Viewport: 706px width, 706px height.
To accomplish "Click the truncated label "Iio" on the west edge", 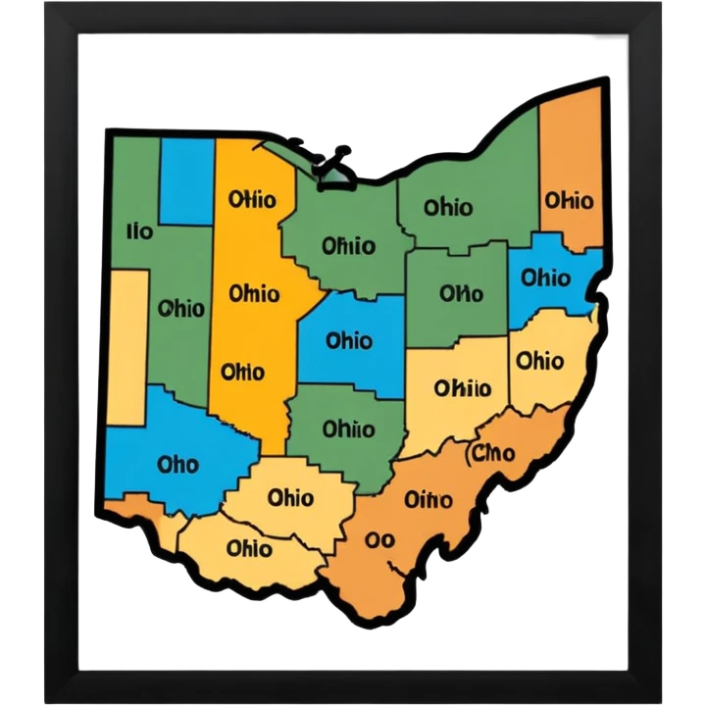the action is pyautogui.click(x=140, y=231).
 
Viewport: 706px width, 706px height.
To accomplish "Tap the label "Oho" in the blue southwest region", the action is pyautogui.click(x=177, y=463).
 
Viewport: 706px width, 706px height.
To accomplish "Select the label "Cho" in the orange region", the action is pyautogui.click(x=492, y=453).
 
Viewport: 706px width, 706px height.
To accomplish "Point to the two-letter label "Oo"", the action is pyautogui.click(x=378, y=539).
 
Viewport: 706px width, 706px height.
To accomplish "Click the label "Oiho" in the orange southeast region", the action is pyautogui.click(x=429, y=500).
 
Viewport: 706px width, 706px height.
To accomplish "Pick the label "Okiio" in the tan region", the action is pyautogui.click(x=462, y=388).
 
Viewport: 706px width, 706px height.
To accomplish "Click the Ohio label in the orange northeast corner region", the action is pyautogui.click(x=569, y=200).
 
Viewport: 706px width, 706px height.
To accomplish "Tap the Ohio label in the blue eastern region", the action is pyautogui.click(x=545, y=278).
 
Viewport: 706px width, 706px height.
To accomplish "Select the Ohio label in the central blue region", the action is pyautogui.click(x=348, y=341).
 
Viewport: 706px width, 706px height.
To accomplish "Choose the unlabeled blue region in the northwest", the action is pyautogui.click(x=186, y=181).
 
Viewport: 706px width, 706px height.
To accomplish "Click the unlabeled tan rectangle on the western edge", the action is pyautogui.click(x=128, y=348).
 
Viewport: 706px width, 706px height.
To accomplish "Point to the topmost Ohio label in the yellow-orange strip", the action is pyautogui.click(x=251, y=200).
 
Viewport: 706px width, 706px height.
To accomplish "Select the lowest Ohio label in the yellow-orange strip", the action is pyautogui.click(x=242, y=372).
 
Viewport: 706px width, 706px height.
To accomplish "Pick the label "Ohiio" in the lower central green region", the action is pyautogui.click(x=348, y=429).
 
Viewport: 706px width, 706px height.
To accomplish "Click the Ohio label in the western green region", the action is pyautogui.click(x=181, y=309).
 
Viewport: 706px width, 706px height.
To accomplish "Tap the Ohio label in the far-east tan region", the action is pyautogui.click(x=539, y=361).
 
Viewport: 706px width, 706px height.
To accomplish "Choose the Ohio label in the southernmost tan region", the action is pyautogui.click(x=248, y=547).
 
